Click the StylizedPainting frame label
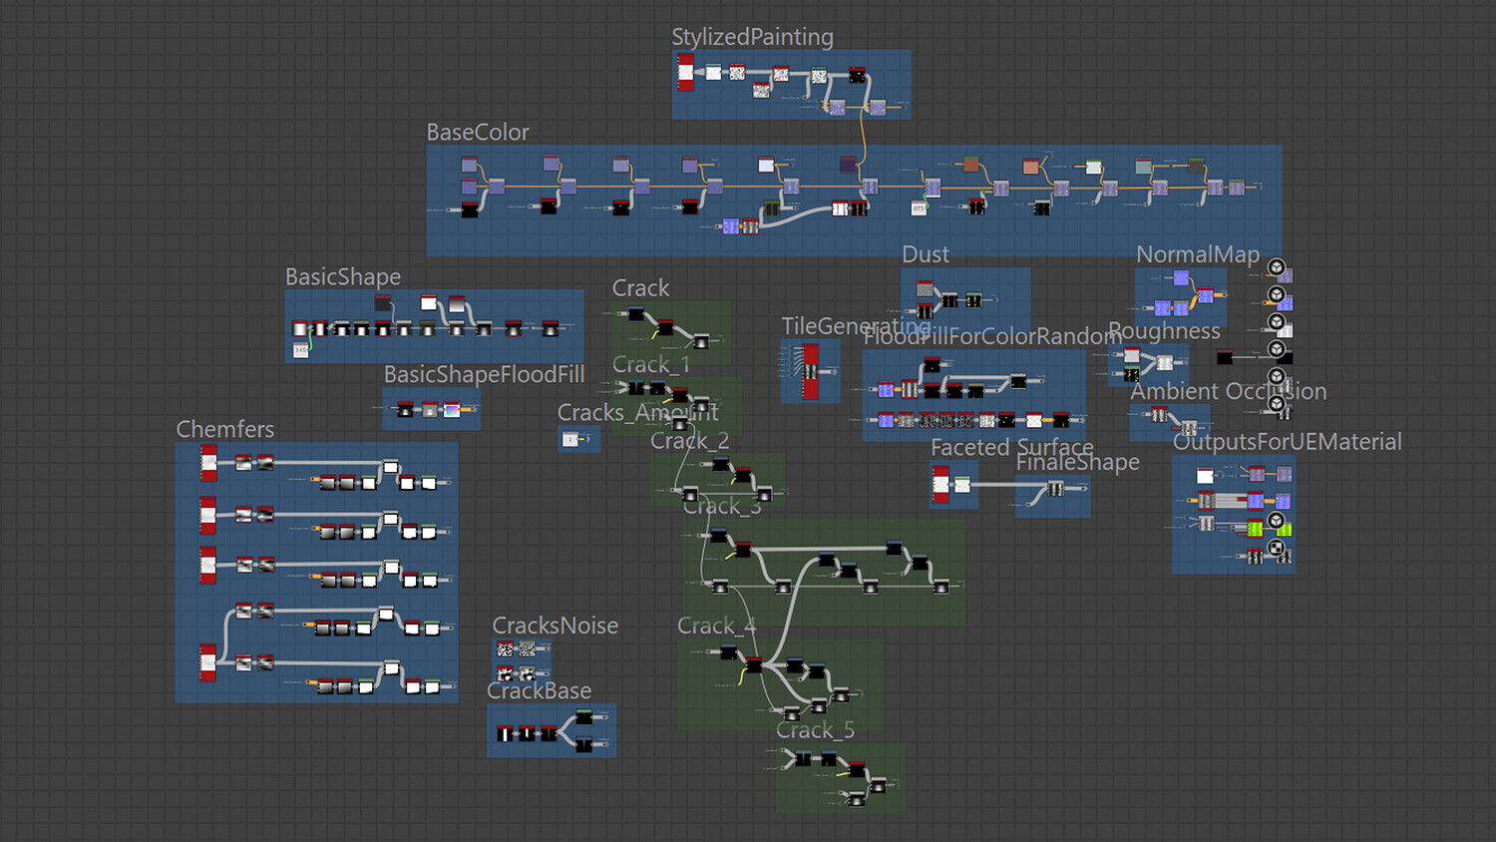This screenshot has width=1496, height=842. click(752, 37)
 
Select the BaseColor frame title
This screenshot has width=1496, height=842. click(477, 132)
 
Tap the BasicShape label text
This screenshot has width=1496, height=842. click(343, 276)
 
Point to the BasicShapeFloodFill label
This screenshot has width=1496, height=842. click(484, 374)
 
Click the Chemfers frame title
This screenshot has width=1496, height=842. click(224, 429)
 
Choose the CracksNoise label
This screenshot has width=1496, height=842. click(555, 626)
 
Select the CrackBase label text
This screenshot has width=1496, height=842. click(539, 690)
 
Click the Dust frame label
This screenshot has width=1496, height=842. click(925, 254)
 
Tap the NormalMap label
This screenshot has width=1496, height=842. click(1197, 254)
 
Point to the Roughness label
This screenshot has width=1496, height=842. click(1164, 330)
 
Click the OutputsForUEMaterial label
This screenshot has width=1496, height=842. click(1287, 441)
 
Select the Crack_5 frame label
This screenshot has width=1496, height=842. click(815, 730)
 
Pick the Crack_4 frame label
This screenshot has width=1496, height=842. click(716, 626)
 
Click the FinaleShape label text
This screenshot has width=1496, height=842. click(1077, 462)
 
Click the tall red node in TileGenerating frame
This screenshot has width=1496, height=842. click(811, 371)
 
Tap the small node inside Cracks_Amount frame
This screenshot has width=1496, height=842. click(571, 439)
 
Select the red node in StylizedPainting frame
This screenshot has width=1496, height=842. click(686, 72)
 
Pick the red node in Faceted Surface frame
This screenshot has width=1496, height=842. click(940, 484)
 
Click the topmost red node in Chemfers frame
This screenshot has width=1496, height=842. click(208, 462)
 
